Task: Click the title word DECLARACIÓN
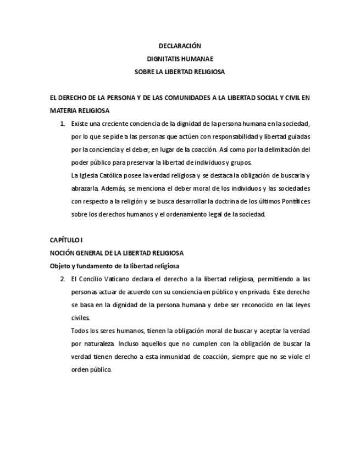(x=180, y=46)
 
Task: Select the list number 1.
(x=63, y=124)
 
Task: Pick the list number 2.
(x=63, y=279)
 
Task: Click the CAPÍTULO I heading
(x=66, y=240)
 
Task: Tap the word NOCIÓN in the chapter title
(x=62, y=253)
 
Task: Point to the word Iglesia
(x=91, y=176)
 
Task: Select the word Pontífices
(x=294, y=202)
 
